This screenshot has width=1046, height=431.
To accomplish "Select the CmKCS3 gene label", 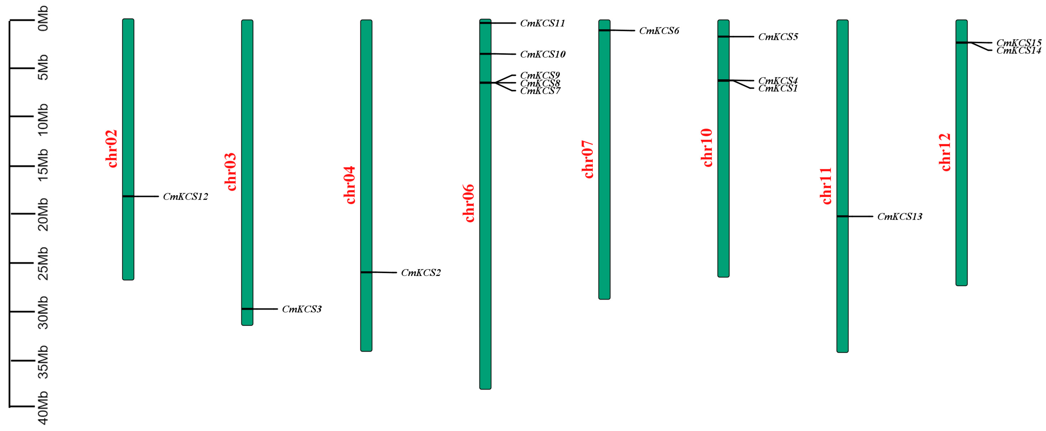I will pos(302,309).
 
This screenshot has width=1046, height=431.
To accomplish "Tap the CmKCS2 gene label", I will pos(421,273).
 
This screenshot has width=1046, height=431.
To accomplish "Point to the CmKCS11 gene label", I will pos(542,23).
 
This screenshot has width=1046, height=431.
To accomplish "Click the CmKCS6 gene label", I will pos(659,31).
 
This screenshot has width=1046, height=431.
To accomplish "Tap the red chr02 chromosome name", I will pos(111,149).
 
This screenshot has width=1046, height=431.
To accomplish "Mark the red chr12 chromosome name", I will pos(945,152).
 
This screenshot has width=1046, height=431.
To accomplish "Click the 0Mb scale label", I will pos(43,19).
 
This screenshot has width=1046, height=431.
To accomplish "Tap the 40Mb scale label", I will pos(43,408).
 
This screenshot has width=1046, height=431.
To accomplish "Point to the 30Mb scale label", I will pos(43,312).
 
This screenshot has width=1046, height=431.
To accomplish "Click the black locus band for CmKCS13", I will pos(842,216).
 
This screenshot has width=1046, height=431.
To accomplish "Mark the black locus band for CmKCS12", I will pos(128,196).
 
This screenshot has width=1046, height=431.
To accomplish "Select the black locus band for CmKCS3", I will pos(247,309).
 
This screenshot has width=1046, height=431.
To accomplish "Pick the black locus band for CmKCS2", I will pos(366,272).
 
